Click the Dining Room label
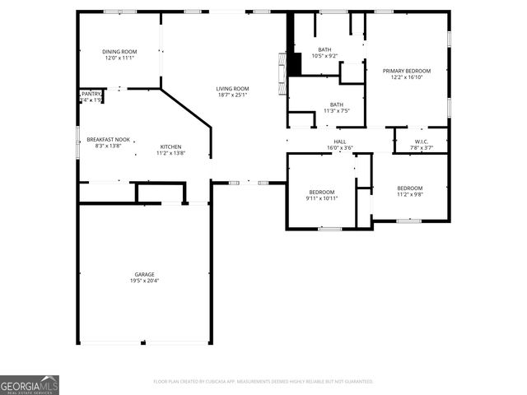(119, 52)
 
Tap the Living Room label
(232, 89)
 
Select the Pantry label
(91, 95)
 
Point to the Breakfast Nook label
(108, 140)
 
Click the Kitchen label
(170, 146)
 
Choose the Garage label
(145, 274)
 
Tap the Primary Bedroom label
(407, 72)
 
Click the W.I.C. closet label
(422, 142)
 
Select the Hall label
(339, 142)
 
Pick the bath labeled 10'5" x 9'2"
(324, 49)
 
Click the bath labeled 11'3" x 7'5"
(336, 105)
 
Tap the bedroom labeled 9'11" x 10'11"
(321, 192)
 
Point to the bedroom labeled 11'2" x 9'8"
(409, 188)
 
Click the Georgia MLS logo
(30, 385)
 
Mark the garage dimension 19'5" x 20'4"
(145, 281)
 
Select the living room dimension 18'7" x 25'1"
(232, 95)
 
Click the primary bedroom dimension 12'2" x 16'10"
(407, 77)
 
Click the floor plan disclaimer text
(263, 382)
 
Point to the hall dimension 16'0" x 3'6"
(339, 148)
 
